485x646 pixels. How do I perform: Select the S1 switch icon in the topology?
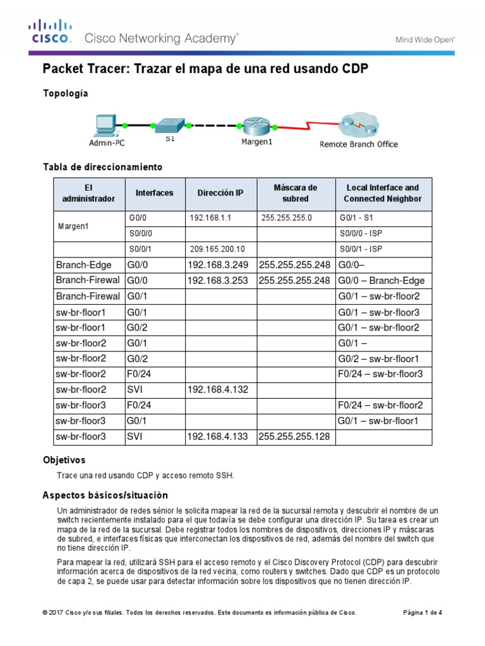[x=169, y=124]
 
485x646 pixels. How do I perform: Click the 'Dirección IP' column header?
[x=219, y=193]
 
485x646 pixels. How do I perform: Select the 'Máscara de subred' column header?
[x=296, y=193]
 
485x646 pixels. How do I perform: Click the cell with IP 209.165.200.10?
[x=219, y=249]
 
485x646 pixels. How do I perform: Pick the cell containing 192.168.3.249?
[x=219, y=264]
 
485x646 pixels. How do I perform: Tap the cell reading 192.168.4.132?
[x=219, y=390]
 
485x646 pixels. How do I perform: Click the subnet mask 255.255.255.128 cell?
[x=296, y=437]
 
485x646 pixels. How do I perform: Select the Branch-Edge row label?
[x=89, y=264]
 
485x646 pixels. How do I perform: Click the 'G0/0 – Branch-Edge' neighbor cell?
[x=383, y=280]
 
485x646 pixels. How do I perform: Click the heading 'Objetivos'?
[x=64, y=460]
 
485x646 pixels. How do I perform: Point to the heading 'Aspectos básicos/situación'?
[x=105, y=495]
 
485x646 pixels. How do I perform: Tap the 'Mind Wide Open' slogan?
[x=425, y=39]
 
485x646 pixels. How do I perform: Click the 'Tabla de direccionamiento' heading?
[x=102, y=167]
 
